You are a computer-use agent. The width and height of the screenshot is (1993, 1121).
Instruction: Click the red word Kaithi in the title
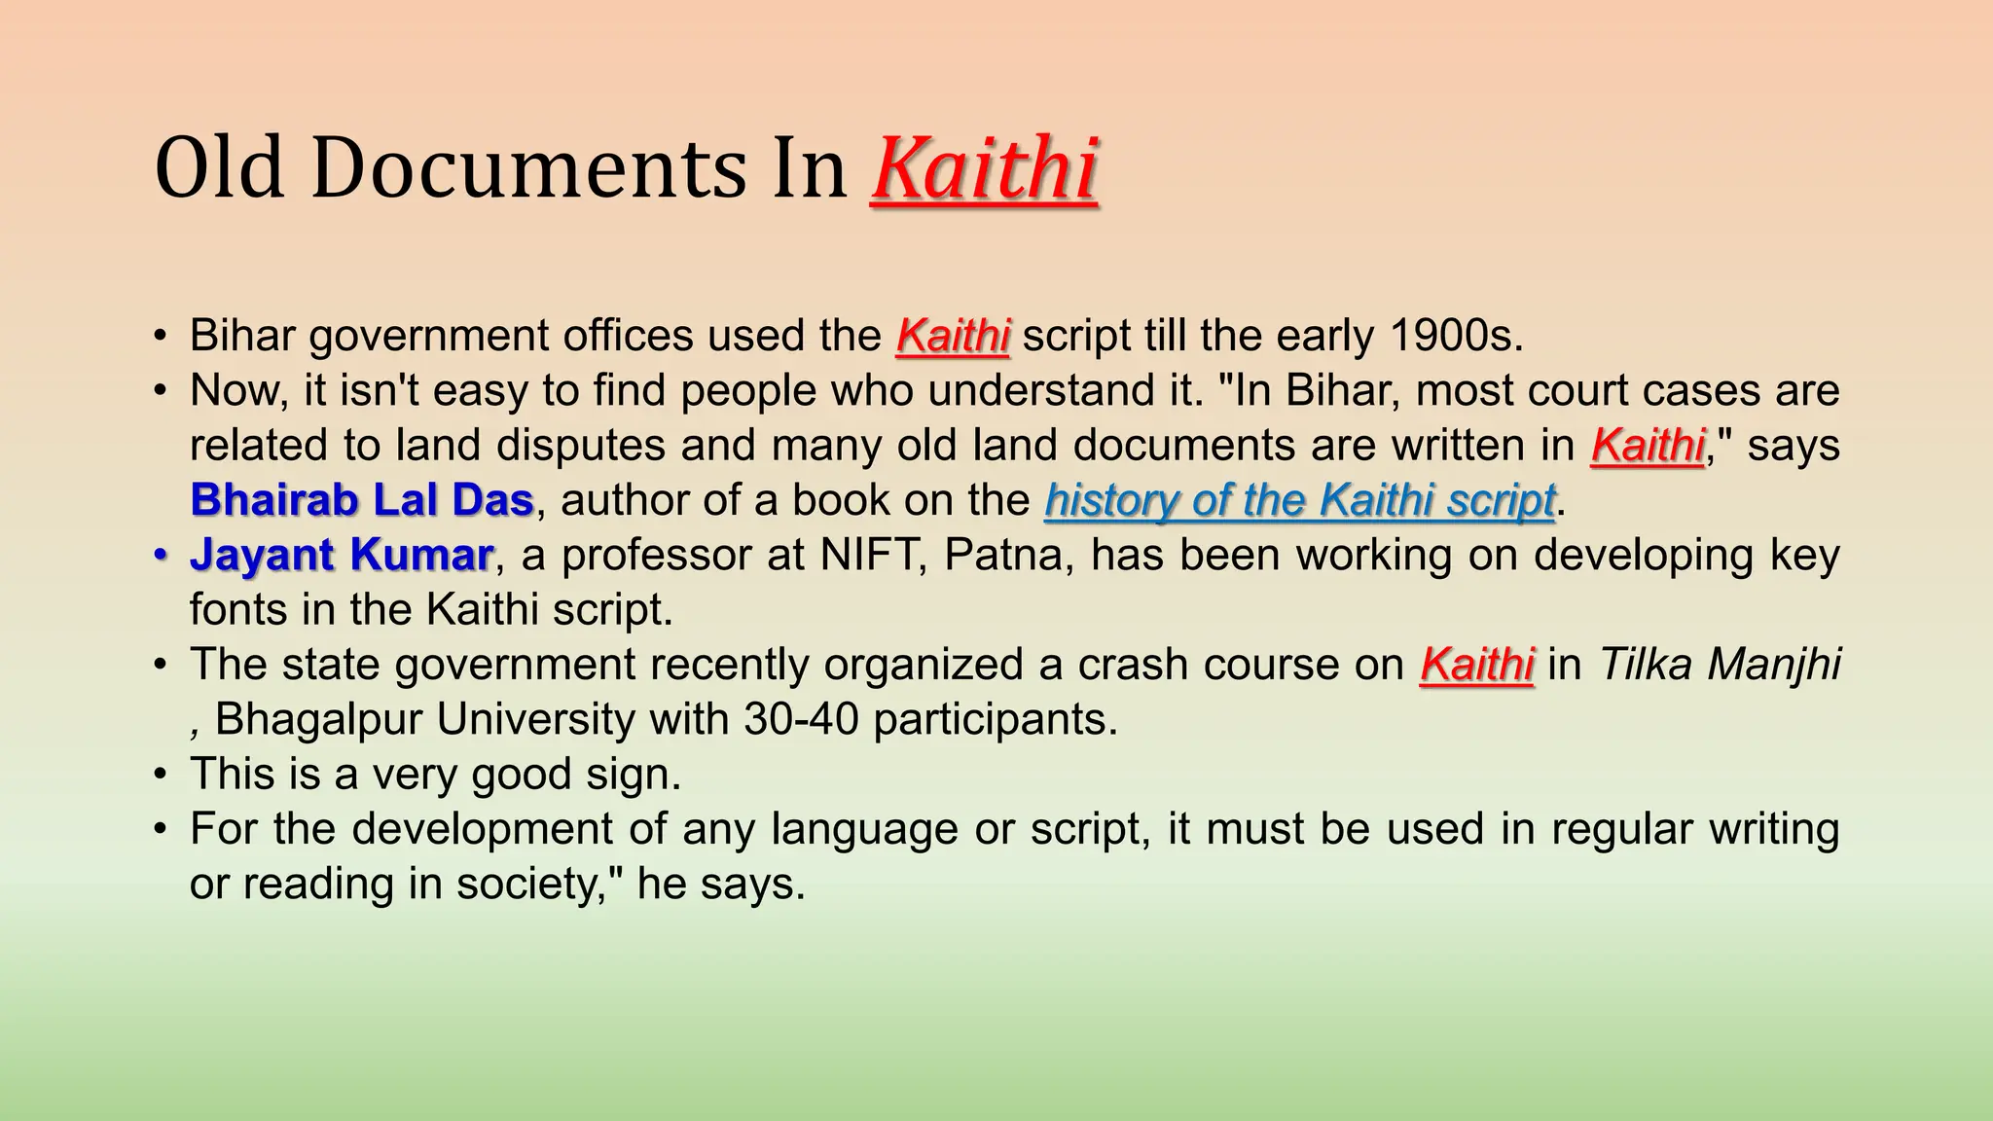pyautogui.click(x=985, y=169)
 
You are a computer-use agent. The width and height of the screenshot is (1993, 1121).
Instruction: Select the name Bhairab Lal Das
pyautogui.click(x=362, y=500)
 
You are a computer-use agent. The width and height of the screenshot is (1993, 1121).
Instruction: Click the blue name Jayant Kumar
pyautogui.click(x=341, y=555)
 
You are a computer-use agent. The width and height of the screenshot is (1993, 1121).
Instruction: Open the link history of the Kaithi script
pyautogui.click(x=1299, y=500)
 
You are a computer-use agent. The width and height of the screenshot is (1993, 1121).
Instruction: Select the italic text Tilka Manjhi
pyautogui.click(x=1719, y=665)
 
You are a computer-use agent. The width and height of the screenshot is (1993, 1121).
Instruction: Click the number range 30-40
pyautogui.click(x=801, y=719)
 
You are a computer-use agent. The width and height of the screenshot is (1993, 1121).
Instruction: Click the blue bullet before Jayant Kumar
pyautogui.click(x=161, y=555)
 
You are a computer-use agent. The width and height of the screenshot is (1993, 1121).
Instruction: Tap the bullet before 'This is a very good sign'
pyautogui.click(x=161, y=775)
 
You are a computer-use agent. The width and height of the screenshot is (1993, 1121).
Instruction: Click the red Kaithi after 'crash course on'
pyautogui.click(x=1476, y=665)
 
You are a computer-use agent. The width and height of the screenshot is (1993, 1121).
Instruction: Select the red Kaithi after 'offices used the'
pyautogui.click(x=953, y=336)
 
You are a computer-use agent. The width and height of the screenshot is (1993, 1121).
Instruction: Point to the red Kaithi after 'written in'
pyautogui.click(x=1648, y=446)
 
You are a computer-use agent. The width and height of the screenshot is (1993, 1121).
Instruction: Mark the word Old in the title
pyautogui.click(x=219, y=169)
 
